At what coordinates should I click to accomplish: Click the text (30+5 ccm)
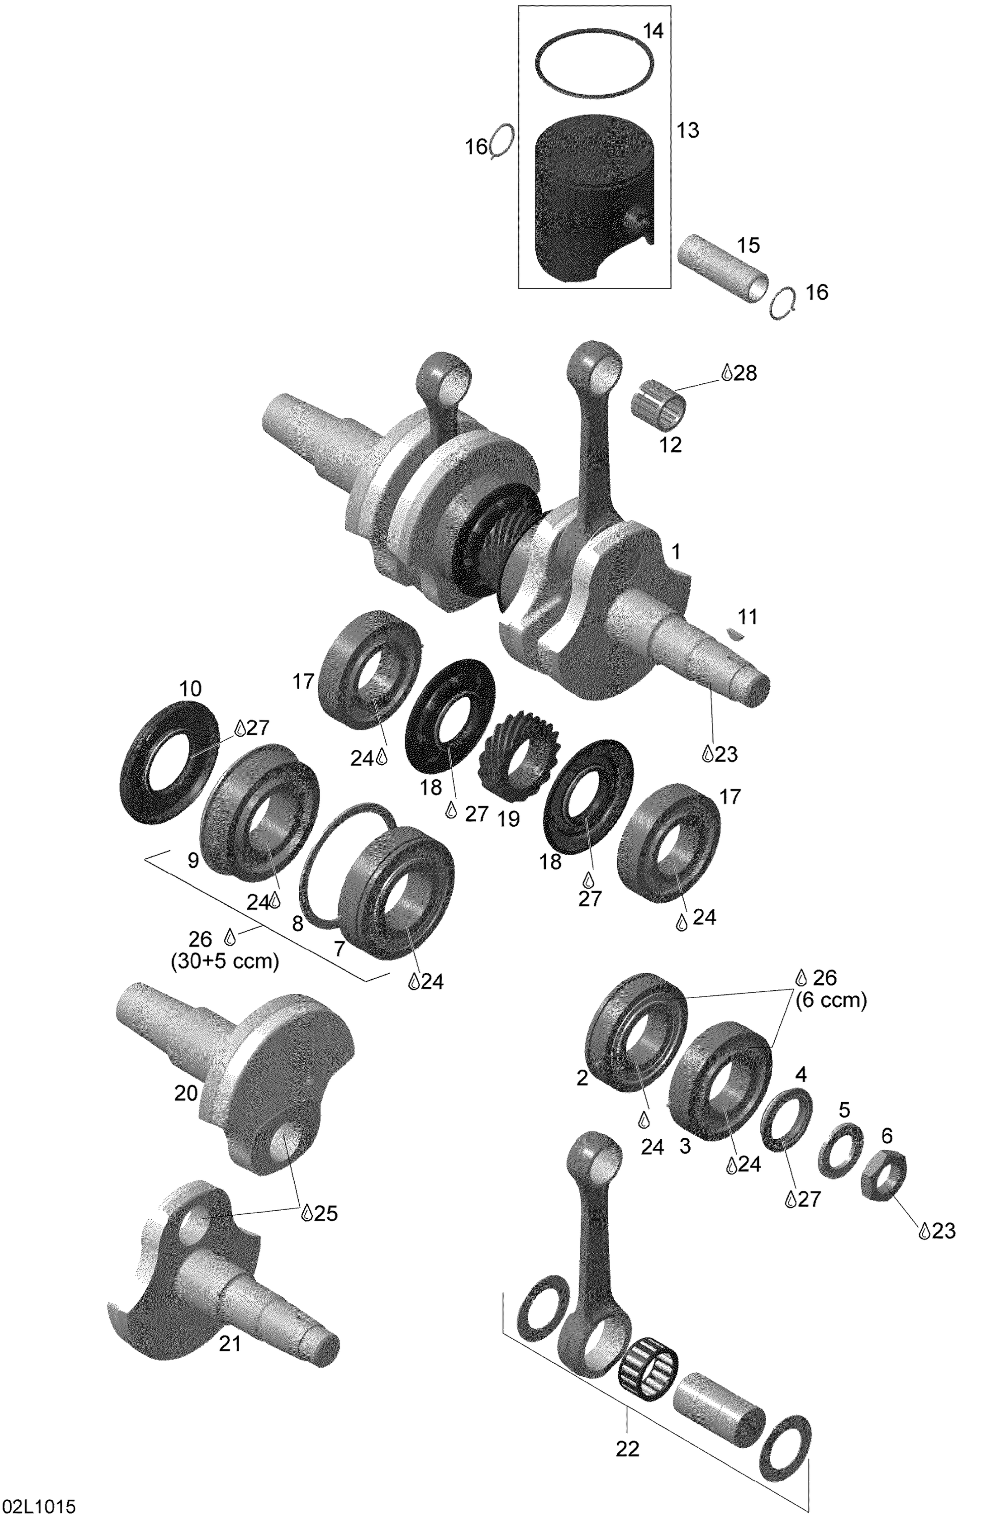(225, 961)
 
